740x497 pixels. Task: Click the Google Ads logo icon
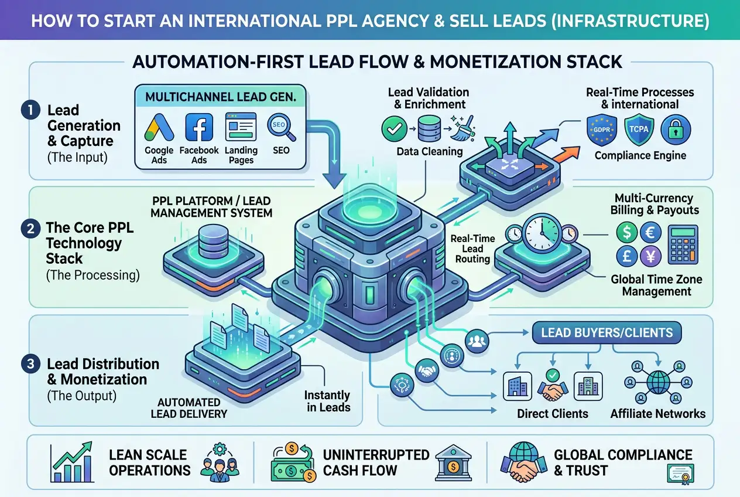(159, 128)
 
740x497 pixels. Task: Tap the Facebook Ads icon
(198, 128)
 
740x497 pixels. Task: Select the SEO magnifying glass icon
(278, 127)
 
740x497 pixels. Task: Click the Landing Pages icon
(241, 127)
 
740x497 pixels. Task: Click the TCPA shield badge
(638, 130)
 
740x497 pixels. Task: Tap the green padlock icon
(676, 130)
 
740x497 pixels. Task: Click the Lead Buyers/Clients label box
(607, 333)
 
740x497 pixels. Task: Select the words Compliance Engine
(640, 155)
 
